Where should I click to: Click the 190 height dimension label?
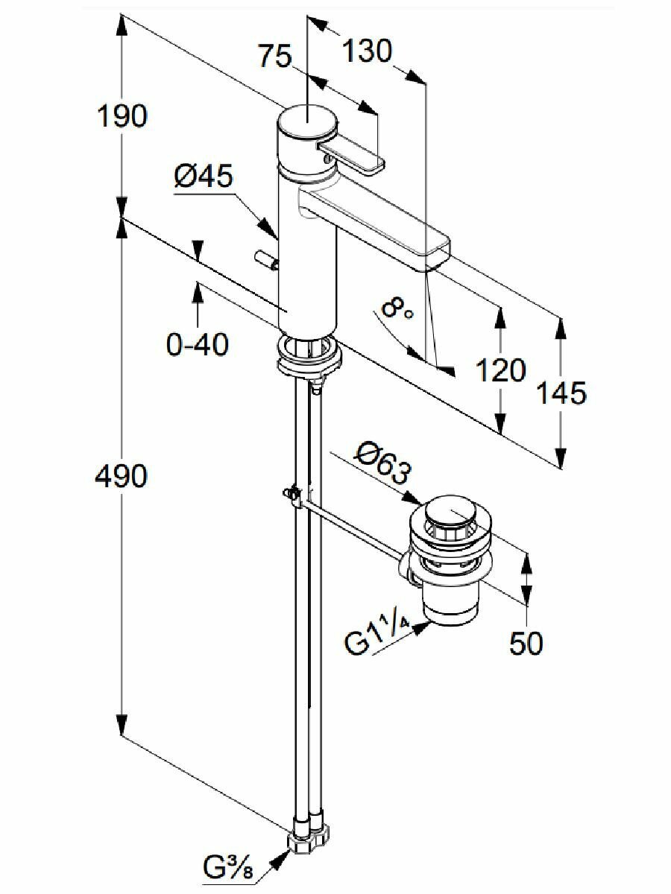(x=124, y=117)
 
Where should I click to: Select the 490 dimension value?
(x=121, y=476)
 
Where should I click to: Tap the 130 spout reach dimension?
(x=366, y=52)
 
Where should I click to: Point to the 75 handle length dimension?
(x=276, y=57)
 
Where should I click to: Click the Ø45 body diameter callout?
(x=204, y=177)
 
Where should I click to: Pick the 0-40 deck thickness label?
(x=197, y=344)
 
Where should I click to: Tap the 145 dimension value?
(x=561, y=393)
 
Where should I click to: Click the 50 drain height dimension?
(x=526, y=643)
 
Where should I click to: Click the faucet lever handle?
(x=350, y=158)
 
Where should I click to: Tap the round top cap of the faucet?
(x=306, y=124)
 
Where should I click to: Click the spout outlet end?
(x=437, y=254)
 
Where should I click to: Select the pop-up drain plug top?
(x=448, y=512)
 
